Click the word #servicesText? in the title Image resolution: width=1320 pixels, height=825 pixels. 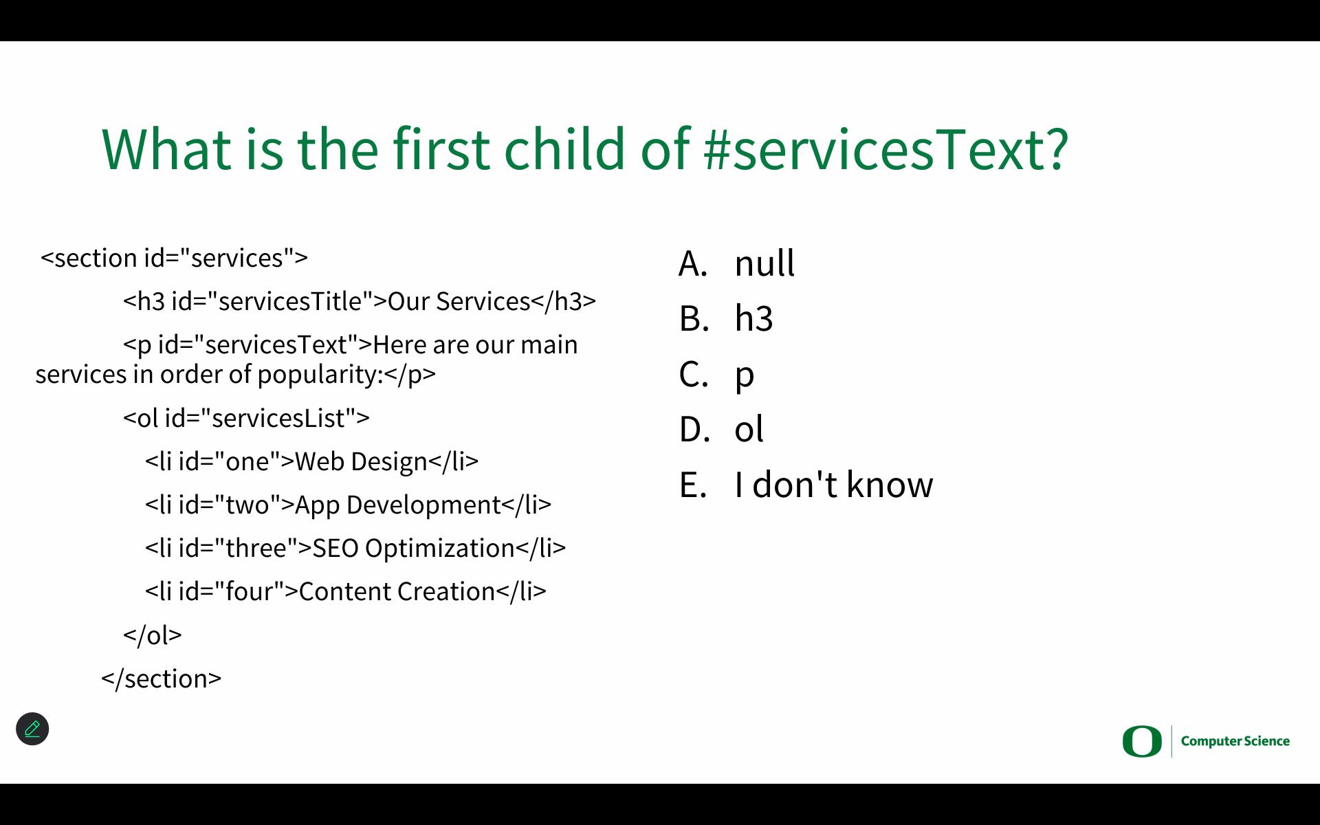[x=886, y=148]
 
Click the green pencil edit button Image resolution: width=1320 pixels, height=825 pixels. [x=32, y=729]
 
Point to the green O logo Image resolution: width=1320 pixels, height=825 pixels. [x=1142, y=741]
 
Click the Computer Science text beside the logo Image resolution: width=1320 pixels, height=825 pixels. [x=1235, y=741]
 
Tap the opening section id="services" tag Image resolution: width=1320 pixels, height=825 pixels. [x=174, y=258]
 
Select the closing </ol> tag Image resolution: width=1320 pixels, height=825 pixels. [x=152, y=635]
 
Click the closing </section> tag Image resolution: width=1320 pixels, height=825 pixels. [x=161, y=679]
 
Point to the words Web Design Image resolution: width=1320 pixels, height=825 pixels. [x=362, y=461]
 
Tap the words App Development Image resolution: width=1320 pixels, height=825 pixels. [x=398, y=505]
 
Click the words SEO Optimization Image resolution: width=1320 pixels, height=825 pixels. [x=414, y=548]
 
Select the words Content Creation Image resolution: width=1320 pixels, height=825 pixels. [x=397, y=591]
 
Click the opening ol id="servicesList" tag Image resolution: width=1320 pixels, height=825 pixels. [x=246, y=418]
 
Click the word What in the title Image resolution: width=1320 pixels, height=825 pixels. [x=167, y=148]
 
